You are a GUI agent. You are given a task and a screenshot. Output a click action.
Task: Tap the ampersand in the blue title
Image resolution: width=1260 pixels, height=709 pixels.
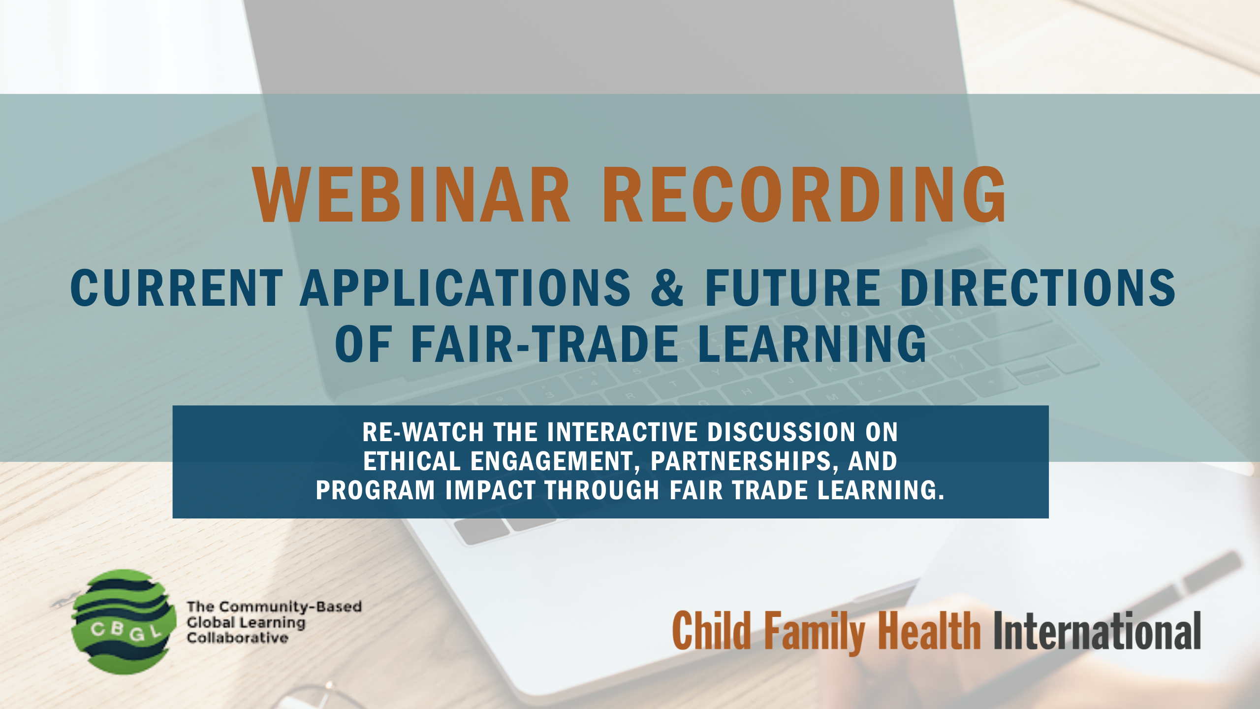[x=667, y=288]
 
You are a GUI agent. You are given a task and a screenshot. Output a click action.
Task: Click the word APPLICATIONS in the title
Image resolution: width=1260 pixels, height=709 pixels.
[x=465, y=288]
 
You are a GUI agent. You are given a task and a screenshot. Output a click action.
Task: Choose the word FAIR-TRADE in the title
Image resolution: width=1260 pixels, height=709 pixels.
[x=545, y=344]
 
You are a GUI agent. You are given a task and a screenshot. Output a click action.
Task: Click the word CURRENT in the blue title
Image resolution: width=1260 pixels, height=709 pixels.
[x=177, y=288]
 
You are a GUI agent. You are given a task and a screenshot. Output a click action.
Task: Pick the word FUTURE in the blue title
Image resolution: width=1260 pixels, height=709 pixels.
[x=793, y=288]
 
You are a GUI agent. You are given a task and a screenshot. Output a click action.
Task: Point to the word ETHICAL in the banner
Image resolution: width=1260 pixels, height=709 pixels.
[x=412, y=461]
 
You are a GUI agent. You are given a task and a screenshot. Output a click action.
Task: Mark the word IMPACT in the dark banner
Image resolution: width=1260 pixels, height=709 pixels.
[x=491, y=490]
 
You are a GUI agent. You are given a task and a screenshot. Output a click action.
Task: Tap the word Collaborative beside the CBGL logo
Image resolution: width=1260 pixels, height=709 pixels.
[x=237, y=638]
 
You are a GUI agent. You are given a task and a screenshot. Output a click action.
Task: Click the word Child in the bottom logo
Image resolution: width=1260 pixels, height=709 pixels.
[x=712, y=631]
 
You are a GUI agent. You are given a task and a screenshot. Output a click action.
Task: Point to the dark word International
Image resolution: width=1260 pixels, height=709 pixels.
[x=1097, y=631]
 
